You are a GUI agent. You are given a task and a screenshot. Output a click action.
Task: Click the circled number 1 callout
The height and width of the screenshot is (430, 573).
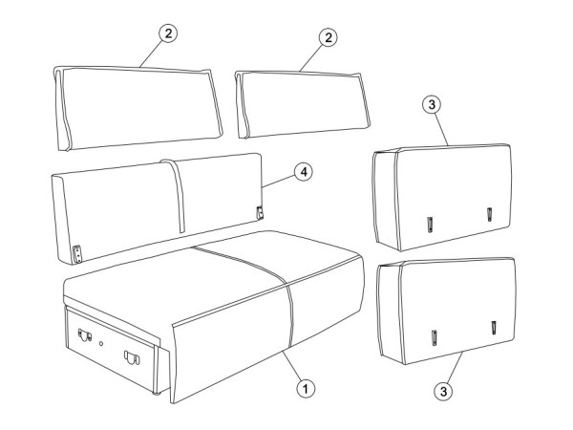click(x=306, y=389)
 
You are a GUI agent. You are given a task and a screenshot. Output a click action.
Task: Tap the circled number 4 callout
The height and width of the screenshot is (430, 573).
click(x=304, y=172)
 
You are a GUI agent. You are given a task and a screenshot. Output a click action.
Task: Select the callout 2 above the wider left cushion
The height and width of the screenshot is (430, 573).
click(x=168, y=33)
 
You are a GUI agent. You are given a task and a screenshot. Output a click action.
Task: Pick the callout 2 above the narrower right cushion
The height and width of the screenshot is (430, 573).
click(x=329, y=37)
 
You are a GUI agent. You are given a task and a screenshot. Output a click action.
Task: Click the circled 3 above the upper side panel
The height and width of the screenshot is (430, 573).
click(x=432, y=104)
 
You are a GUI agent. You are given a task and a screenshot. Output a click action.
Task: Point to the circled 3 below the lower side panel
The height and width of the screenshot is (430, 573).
click(x=443, y=391)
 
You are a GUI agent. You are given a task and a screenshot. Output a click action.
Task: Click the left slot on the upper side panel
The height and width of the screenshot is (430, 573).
click(x=430, y=225)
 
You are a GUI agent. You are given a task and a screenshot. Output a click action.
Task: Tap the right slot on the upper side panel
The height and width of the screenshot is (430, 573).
click(x=489, y=214)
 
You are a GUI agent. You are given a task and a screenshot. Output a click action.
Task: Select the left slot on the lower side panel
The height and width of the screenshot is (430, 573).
click(x=435, y=337)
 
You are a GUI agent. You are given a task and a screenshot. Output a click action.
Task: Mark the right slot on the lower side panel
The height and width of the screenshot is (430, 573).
click(x=494, y=327)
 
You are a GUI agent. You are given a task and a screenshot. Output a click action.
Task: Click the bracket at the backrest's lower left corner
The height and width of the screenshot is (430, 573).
click(x=77, y=254)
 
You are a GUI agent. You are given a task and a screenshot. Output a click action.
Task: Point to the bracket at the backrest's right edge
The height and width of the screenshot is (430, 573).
click(x=260, y=212)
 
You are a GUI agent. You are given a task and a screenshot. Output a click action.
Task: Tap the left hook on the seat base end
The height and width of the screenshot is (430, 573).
click(x=85, y=334)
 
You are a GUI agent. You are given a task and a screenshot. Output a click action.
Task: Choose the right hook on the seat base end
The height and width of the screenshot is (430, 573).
click(x=132, y=357)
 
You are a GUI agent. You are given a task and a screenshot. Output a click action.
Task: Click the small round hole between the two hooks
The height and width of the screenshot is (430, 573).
click(x=101, y=344)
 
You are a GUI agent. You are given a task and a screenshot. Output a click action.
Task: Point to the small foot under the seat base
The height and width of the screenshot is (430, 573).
click(x=157, y=394)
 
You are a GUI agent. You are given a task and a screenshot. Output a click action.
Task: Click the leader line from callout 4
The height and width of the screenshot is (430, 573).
click(x=279, y=182)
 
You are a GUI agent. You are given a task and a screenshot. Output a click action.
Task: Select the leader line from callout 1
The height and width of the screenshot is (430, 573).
click(x=291, y=365)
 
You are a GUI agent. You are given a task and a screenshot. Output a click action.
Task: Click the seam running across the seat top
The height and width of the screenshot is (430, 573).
click(x=240, y=260)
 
